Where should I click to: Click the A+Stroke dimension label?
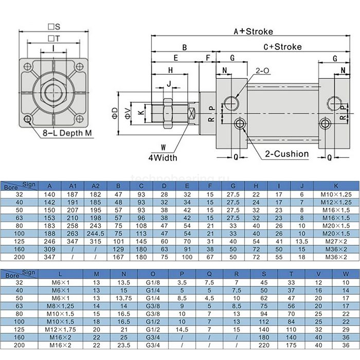point(253,31)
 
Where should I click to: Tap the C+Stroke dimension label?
point(282,47)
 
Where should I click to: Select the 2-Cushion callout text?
point(287,153)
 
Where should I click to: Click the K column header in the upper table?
point(336,186)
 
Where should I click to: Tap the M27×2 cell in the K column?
point(336,241)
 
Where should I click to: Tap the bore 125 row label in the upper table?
point(19,241)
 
